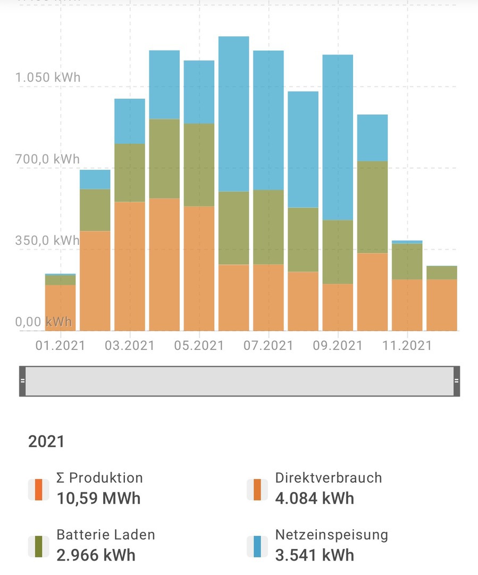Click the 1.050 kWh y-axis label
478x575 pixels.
click(x=48, y=77)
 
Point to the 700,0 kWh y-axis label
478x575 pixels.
click(x=48, y=159)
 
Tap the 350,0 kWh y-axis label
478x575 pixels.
click(x=48, y=240)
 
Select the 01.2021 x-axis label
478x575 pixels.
click(x=61, y=346)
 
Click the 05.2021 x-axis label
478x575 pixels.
click(x=199, y=346)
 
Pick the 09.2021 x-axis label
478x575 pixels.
click(x=338, y=346)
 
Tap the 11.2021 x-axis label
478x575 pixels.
click(x=407, y=346)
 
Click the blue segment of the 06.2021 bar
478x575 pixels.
click(x=234, y=113)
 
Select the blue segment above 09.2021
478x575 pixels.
click(x=338, y=137)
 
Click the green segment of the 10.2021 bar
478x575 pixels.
click(x=372, y=207)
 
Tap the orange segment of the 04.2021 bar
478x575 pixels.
click(x=164, y=264)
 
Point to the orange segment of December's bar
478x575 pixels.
click(x=442, y=305)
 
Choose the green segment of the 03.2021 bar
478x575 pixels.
click(x=130, y=172)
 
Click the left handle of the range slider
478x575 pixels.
click(x=22, y=381)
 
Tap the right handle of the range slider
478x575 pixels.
click(x=456, y=381)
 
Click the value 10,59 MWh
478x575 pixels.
click(x=98, y=498)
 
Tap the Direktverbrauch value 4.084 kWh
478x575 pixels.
click(x=314, y=498)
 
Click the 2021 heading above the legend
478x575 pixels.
click(x=46, y=441)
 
